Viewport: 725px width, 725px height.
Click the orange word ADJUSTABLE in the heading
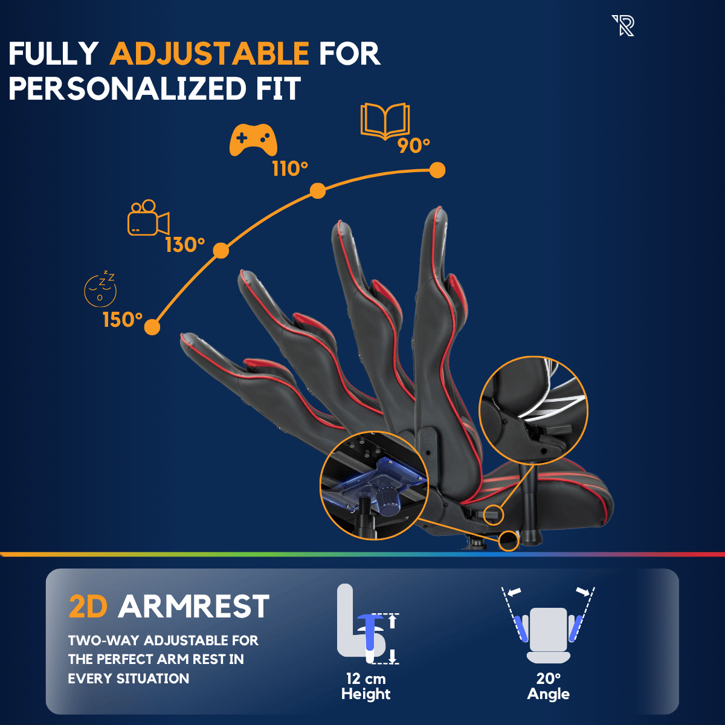pyautogui.click(x=209, y=53)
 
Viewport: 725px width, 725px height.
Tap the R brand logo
pyautogui.click(x=623, y=25)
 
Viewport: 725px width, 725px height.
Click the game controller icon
pyautogui.click(x=253, y=140)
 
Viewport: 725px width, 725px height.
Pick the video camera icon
pyautogui.click(x=148, y=217)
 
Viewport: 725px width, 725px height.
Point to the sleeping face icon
pyautogui.click(x=100, y=289)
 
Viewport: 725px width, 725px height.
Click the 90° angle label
pyautogui.click(x=413, y=146)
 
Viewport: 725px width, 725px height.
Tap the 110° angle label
pyautogui.click(x=290, y=169)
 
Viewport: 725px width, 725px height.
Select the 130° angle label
pyautogui.click(x=185, y=245)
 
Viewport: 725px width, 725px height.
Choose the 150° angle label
pyautogui.click(x=123, y=320)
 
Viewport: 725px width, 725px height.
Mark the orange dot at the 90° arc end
pyautogui.click(x=437, y=170)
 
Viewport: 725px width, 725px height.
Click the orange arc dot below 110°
pyautogui.click(x=318, y=191)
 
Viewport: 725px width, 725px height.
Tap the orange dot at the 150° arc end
pyautogui.click(x=152, y=327)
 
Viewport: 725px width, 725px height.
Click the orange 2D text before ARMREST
pyautogui.click(x=88, y=607)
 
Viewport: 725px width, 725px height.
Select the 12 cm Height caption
pyautogui.click(x=366, y=686)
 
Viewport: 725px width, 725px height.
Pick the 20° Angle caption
pyautogui.click(x=548, y=686)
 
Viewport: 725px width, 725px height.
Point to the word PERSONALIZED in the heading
pyautogui.click(x=127, y=89)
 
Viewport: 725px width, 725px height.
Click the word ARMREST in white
pyautogui.click(x=194, y=607)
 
